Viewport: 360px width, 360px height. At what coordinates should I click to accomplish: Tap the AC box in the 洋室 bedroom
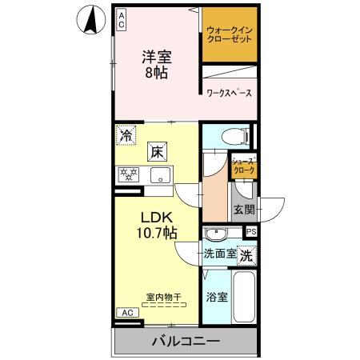coord(122,19)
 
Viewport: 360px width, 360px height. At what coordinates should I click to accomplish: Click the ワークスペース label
coord(230,94)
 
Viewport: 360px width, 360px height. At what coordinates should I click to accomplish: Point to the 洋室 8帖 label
coord(156,65)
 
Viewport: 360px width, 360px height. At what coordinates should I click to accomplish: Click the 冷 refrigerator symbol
coord(126,136)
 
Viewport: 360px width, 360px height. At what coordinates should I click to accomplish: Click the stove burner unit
coord(128,174)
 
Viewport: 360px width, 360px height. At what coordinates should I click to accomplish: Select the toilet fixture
coord(238,137)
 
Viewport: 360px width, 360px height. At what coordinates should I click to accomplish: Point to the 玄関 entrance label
coord(244,210)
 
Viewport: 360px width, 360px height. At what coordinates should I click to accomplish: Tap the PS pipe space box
coord(251,232)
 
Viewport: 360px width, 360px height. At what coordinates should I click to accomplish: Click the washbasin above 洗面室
coord(215,234)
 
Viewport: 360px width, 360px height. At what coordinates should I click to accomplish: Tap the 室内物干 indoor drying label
coord(163,296)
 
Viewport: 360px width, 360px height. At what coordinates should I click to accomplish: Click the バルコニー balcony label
coord(186,342)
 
